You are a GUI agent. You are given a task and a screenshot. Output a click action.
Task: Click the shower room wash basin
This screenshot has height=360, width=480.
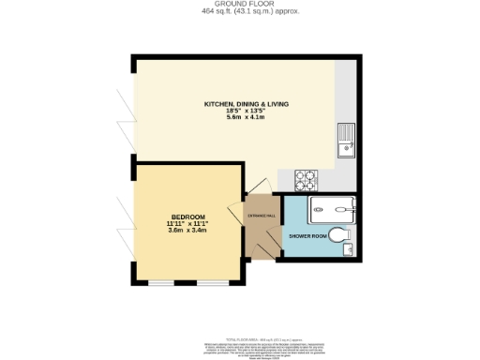point(348,248)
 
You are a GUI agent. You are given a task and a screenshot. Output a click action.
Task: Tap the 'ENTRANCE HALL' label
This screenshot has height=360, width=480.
point(262,216)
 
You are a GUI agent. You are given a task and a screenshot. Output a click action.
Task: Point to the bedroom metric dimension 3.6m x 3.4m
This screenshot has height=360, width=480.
point(187,231)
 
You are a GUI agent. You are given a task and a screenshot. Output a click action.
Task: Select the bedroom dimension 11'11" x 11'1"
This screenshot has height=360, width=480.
point(187,223)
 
